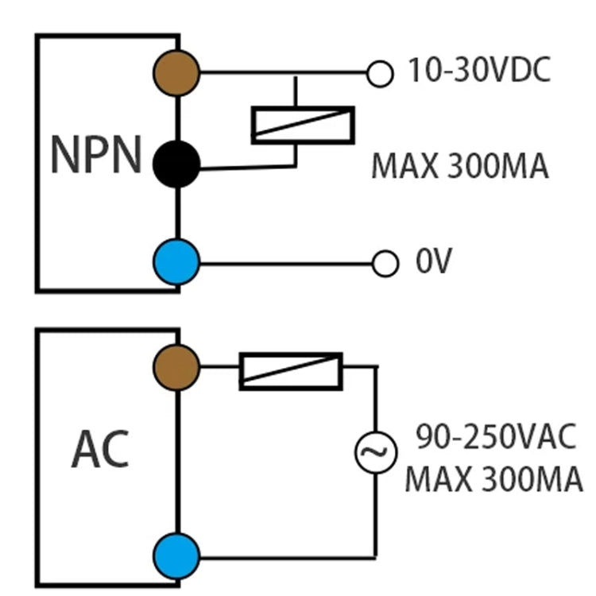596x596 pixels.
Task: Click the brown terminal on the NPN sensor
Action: tap(176, 73)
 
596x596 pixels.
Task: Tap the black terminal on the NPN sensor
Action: tap(176, 164)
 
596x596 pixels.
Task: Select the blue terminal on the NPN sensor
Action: tap(176, 261)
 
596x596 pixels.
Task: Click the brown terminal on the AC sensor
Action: tap(176, 367)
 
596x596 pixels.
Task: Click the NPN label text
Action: tap(95, 155)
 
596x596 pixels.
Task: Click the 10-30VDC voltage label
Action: tap(478, 72)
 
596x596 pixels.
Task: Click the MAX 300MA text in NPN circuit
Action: tap(459, 168)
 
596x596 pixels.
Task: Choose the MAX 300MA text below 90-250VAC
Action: tap(493, 480)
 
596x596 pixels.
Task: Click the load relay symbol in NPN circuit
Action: tap(302, 124)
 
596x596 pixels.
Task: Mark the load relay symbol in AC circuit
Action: tap(291, 371)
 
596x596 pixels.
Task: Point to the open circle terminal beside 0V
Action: tap(385, 263)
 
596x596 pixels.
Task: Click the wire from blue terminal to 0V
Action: tap(286, 262)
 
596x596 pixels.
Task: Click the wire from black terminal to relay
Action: tap(246, 167)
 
